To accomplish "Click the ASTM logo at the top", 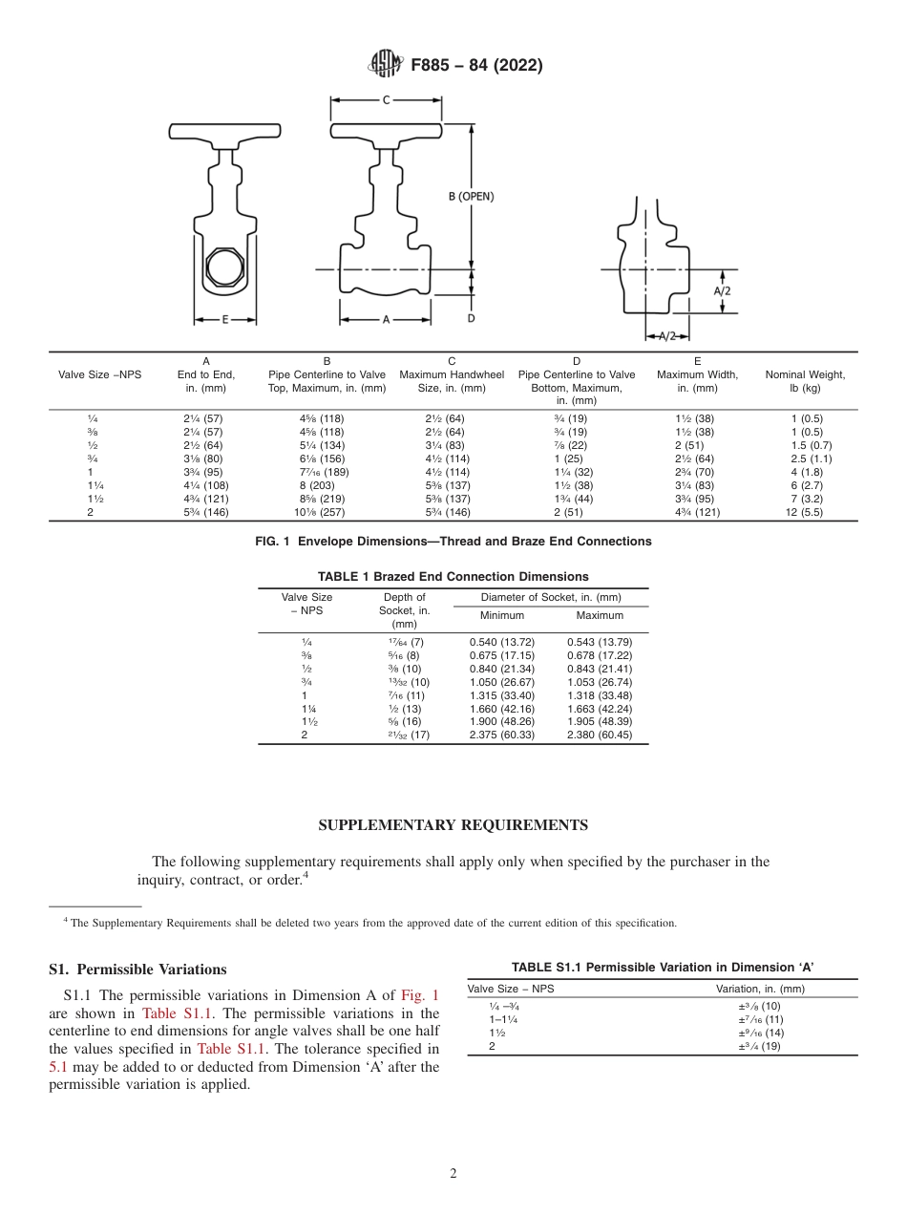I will point(386,65).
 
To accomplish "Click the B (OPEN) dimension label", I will point(471,196).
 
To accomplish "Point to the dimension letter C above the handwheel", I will point(386,99).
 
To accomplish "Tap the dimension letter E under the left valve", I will point(225,320).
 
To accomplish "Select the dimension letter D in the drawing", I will point(471,317).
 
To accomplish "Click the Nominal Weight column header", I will point(805,381).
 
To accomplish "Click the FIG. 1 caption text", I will point(453,542).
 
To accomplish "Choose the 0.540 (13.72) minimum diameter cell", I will point(501,643).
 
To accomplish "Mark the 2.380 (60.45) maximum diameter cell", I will point(599,735).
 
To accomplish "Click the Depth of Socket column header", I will point(404,610).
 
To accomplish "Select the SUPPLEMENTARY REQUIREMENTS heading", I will point(453,825).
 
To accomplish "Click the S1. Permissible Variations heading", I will point(137,970).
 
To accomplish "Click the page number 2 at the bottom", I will point(453,1174).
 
